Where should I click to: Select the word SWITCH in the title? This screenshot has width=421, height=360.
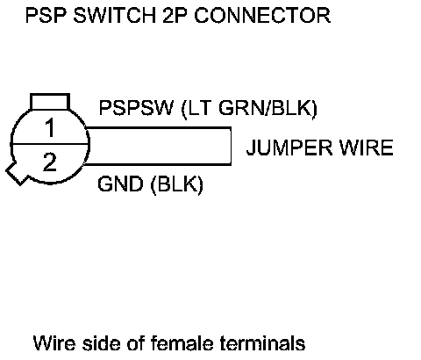(x=115, y=15)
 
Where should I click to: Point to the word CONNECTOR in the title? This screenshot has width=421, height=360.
(x=262, y=15)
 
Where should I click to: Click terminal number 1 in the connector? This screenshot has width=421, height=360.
(x=50, y=127)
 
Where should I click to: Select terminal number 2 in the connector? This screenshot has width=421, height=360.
(x=50, y=162)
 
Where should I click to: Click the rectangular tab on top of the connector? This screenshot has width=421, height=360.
(x=50, y=102)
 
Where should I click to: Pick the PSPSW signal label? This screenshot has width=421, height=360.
(x=136, y=108)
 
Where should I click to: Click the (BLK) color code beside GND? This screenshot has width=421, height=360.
(x=176, y=184)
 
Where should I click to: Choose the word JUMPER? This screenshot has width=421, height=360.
(x=289, y=148)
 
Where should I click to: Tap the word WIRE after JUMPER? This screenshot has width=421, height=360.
(x=367, y=148)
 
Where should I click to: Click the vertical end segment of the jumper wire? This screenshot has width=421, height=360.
(x=231, y=146)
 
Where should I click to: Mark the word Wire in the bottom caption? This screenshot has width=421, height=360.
(x=54, y=342)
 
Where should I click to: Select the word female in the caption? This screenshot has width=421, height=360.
(x=182, y=342)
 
